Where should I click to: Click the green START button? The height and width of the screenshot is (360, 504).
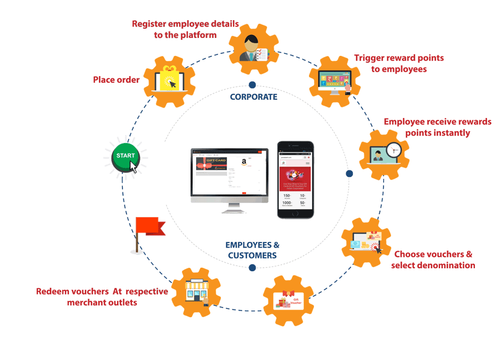126,157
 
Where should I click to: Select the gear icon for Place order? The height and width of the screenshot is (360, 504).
169,80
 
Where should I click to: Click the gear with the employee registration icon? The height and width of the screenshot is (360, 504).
254,47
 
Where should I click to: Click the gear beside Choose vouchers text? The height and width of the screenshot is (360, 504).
366,243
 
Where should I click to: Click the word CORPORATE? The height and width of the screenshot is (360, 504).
254,96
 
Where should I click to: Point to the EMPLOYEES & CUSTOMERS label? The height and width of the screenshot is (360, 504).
252,250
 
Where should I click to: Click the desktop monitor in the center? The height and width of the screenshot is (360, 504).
229,174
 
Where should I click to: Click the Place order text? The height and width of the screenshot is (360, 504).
116,80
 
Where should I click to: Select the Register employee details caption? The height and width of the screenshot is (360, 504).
185,29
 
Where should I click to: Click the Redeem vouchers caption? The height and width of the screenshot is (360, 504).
102,297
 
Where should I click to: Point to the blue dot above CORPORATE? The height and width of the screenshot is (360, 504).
252,85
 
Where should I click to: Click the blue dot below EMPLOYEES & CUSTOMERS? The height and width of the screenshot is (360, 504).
252,268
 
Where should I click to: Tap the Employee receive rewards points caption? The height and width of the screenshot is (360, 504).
437,127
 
